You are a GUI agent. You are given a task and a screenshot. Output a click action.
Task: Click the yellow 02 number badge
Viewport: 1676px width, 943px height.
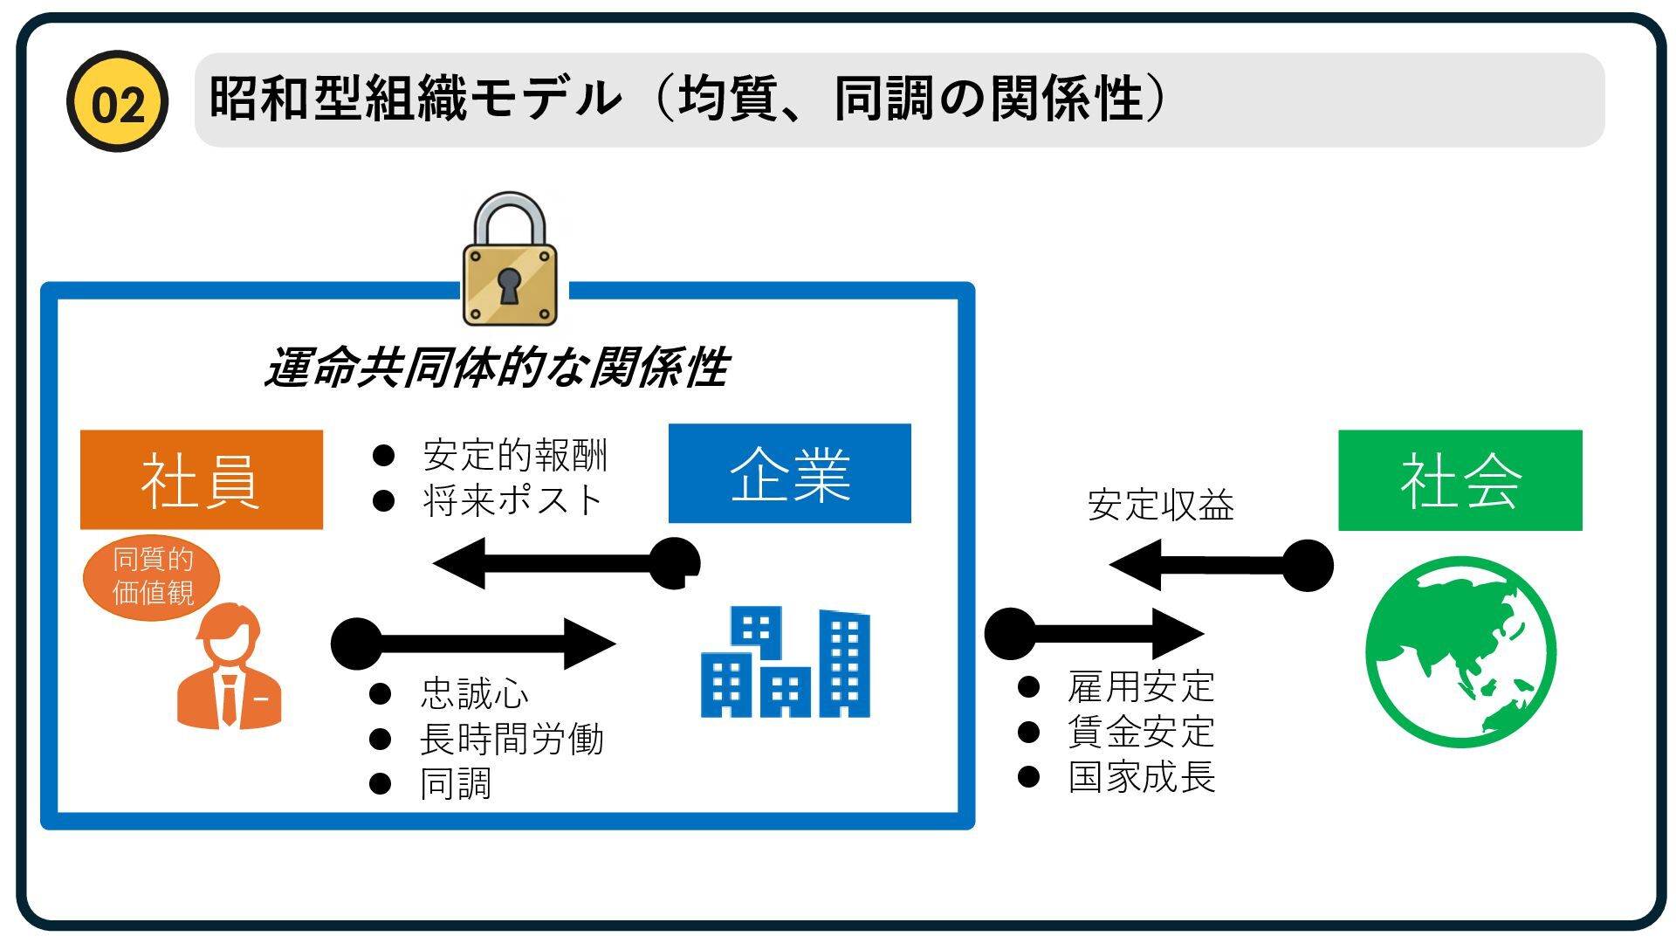[x=117, y=101]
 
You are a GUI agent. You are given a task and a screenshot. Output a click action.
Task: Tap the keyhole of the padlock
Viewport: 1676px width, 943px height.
[x=509, y=285]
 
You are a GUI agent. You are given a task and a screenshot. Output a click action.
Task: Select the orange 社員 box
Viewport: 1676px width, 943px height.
[x=202, y=479]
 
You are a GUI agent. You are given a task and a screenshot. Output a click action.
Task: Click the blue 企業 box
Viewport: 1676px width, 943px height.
[x=789, y=473]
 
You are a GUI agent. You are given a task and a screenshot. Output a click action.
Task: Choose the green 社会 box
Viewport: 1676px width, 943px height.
[x=1460, y=480]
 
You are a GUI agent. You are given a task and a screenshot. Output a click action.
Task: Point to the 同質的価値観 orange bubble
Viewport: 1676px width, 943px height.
[x=152, y=576]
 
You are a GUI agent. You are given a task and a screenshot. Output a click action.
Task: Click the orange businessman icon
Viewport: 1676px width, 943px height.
[x=229, y=668]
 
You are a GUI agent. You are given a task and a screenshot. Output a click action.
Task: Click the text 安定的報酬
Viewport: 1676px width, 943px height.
[x=515, y=455]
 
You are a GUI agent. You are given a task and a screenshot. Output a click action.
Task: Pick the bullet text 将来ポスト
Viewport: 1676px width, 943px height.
[x=512, y=500]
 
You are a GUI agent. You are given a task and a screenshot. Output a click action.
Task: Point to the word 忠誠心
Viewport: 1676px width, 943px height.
[x=474, y=694]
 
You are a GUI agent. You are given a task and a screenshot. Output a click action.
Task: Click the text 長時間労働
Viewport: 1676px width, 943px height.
[x=512, y=740]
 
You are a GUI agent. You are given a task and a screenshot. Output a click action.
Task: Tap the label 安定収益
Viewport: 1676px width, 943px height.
[x=1160, y=506]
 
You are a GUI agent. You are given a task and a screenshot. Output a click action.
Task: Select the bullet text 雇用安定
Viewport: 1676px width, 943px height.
[x=1141, y=687]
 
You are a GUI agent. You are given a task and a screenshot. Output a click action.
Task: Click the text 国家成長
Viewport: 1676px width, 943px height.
[x=1141, y=777]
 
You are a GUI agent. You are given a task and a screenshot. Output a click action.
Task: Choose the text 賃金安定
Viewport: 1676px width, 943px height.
[x=1141, y=732]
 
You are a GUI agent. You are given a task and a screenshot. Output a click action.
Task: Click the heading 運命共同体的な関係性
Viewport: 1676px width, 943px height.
[x=497, y=367]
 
